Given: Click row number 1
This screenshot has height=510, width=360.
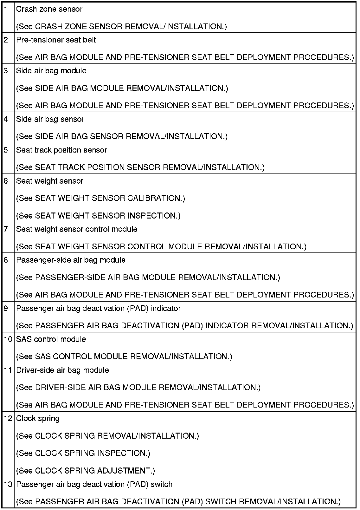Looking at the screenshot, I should (x=6, y=9).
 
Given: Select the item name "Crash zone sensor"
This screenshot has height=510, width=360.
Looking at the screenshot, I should (x=49, y=9).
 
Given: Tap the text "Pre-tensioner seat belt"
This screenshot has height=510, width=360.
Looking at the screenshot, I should (x=56, y=40).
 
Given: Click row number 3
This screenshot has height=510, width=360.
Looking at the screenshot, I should (x=6, y=71).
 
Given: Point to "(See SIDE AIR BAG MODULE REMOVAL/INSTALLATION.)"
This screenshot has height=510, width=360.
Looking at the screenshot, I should (x=122, y=88).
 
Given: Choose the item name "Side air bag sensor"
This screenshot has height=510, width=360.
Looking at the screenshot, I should (x=50, y=119).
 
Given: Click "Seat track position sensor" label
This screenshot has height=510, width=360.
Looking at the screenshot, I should (x=61, y=150).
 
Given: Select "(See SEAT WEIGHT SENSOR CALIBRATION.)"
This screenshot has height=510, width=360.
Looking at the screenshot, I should (x=100, y=198).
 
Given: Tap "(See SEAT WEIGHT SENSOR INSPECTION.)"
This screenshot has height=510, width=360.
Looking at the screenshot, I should (x=98, y=216).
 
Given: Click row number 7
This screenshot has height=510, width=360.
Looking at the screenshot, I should (x=6, y=229).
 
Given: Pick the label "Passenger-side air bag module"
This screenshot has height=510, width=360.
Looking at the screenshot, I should (x=71, y=260).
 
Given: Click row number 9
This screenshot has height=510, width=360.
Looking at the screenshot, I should (x=6, y=308).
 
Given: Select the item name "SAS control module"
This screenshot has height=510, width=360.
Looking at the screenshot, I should (x=51, y=339).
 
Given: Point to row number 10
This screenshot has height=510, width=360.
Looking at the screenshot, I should (x=8, y=339).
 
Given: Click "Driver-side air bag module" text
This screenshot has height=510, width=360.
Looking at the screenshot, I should (x=62, y=370).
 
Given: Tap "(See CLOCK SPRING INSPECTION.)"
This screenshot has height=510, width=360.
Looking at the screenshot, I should (x=83, y=453).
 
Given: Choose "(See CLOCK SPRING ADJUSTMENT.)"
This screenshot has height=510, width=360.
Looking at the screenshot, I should (x=86, y=471).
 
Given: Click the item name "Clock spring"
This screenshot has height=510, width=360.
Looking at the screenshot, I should (x=38, y=419).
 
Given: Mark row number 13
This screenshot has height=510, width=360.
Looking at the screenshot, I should (x=8, y=484).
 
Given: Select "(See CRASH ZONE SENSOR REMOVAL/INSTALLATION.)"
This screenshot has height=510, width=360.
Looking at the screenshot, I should (x=121, y=27).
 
